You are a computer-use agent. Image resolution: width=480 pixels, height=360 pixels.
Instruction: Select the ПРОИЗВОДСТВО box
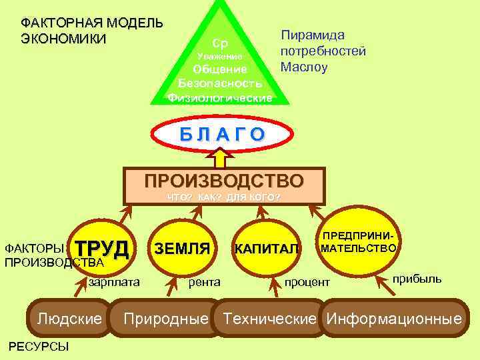tap(224, 185)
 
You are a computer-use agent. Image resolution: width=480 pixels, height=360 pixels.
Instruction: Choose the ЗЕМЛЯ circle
tap(182, 249)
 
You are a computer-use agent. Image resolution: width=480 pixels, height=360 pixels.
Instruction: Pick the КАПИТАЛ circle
tap(267, 249)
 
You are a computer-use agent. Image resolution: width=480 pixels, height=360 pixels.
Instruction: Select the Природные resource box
tap(166, 318)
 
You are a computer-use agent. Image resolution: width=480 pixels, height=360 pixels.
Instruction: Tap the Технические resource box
tap(269, 318)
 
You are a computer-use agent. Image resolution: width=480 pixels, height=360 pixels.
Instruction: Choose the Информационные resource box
tap(393, 318)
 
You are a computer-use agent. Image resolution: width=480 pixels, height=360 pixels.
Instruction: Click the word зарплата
tap(114, 282)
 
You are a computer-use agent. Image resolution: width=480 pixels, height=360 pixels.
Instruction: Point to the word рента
tap(205, 282)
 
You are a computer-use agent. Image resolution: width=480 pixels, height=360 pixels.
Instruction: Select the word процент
tap(307, 283)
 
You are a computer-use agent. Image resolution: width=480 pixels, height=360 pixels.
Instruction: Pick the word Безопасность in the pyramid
tap(220, 83)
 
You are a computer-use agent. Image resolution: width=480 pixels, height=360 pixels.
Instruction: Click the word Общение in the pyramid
tap(220, 69)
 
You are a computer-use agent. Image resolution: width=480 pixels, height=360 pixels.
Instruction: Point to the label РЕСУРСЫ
tap(36, 346)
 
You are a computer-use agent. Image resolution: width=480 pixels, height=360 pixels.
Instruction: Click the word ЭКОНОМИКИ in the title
tap(63, 38)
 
